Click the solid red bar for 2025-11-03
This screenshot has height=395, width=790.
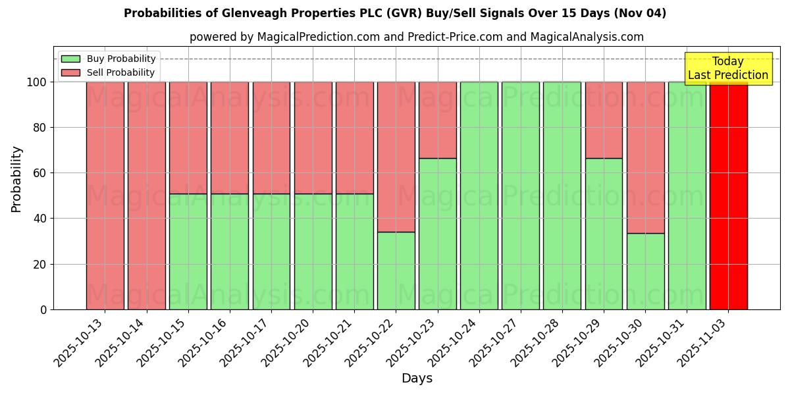728,196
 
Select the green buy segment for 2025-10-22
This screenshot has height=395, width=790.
396,271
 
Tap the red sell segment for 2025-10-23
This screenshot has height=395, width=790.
437,120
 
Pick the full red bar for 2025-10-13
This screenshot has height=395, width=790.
105,196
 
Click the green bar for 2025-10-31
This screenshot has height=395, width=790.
687,196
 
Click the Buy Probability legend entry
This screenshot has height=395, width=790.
109,59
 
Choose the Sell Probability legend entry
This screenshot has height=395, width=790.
109,72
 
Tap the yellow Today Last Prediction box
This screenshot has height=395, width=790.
727,68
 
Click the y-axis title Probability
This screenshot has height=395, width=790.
16,178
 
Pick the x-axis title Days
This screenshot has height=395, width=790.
417,379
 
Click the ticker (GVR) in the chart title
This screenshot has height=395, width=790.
406,13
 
